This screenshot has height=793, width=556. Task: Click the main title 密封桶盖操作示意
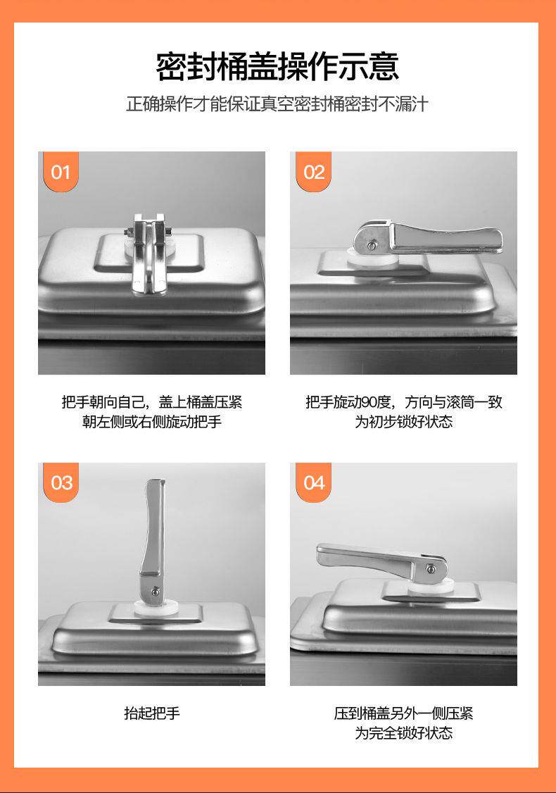[277, 66]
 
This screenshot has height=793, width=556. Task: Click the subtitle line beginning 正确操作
[277, 104]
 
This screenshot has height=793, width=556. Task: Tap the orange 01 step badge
[61, 172]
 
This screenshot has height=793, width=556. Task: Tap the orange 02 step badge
[313, 172]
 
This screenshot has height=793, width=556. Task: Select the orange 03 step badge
[61, 482]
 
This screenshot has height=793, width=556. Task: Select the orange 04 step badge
[313, 482]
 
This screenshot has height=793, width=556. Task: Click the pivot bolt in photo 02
[372, 245]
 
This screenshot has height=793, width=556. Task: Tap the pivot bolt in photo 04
[431, 569]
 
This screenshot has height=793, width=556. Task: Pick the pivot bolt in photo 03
[156, 591]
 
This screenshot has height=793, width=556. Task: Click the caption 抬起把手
[151, 713]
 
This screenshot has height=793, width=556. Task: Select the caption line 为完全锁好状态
[403, 733]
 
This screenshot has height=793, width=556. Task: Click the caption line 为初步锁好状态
[403, 421]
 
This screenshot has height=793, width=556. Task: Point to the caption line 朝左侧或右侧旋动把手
[151, 421]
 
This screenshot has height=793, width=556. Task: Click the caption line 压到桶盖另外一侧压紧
[403, 713]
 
